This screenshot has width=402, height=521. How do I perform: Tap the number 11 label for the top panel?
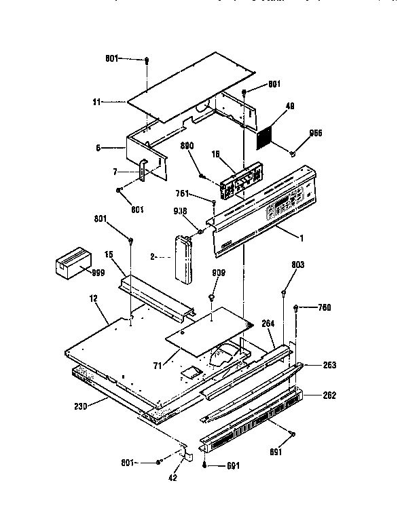(97, 102)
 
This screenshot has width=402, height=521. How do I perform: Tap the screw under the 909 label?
(212, 296)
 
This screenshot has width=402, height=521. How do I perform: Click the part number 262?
(329, 395)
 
